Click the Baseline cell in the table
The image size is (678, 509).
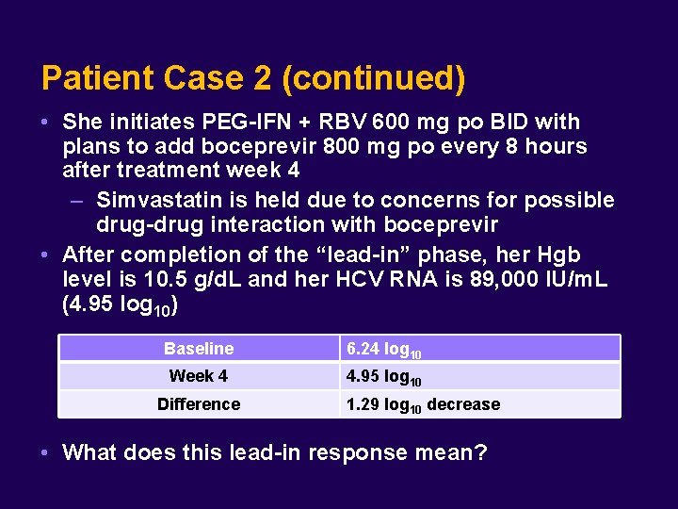click(x=199, y=349)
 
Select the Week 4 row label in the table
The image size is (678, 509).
click(x=199, y=376)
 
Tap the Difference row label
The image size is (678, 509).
click(x=199, y=403)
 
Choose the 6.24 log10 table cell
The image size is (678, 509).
click(x=384, y=350)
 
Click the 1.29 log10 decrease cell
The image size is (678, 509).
click(x=423, y=404)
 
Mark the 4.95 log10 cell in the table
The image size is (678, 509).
click(x=384, y=377)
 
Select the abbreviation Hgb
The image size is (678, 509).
click(x=558, y=254)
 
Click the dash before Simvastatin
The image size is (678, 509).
click(x=79, y=201)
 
